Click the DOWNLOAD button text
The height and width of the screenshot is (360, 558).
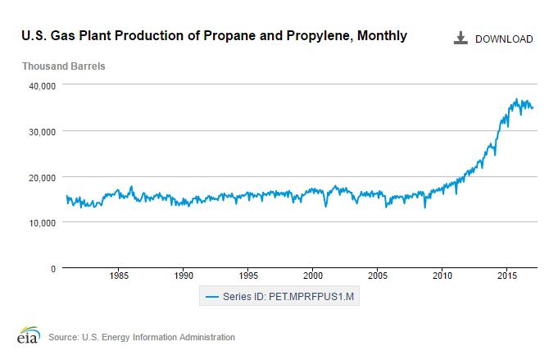pos(504,39)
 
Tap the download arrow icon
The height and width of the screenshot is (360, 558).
pos(460,38)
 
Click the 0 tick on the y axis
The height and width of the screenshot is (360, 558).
pos(52,268)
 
